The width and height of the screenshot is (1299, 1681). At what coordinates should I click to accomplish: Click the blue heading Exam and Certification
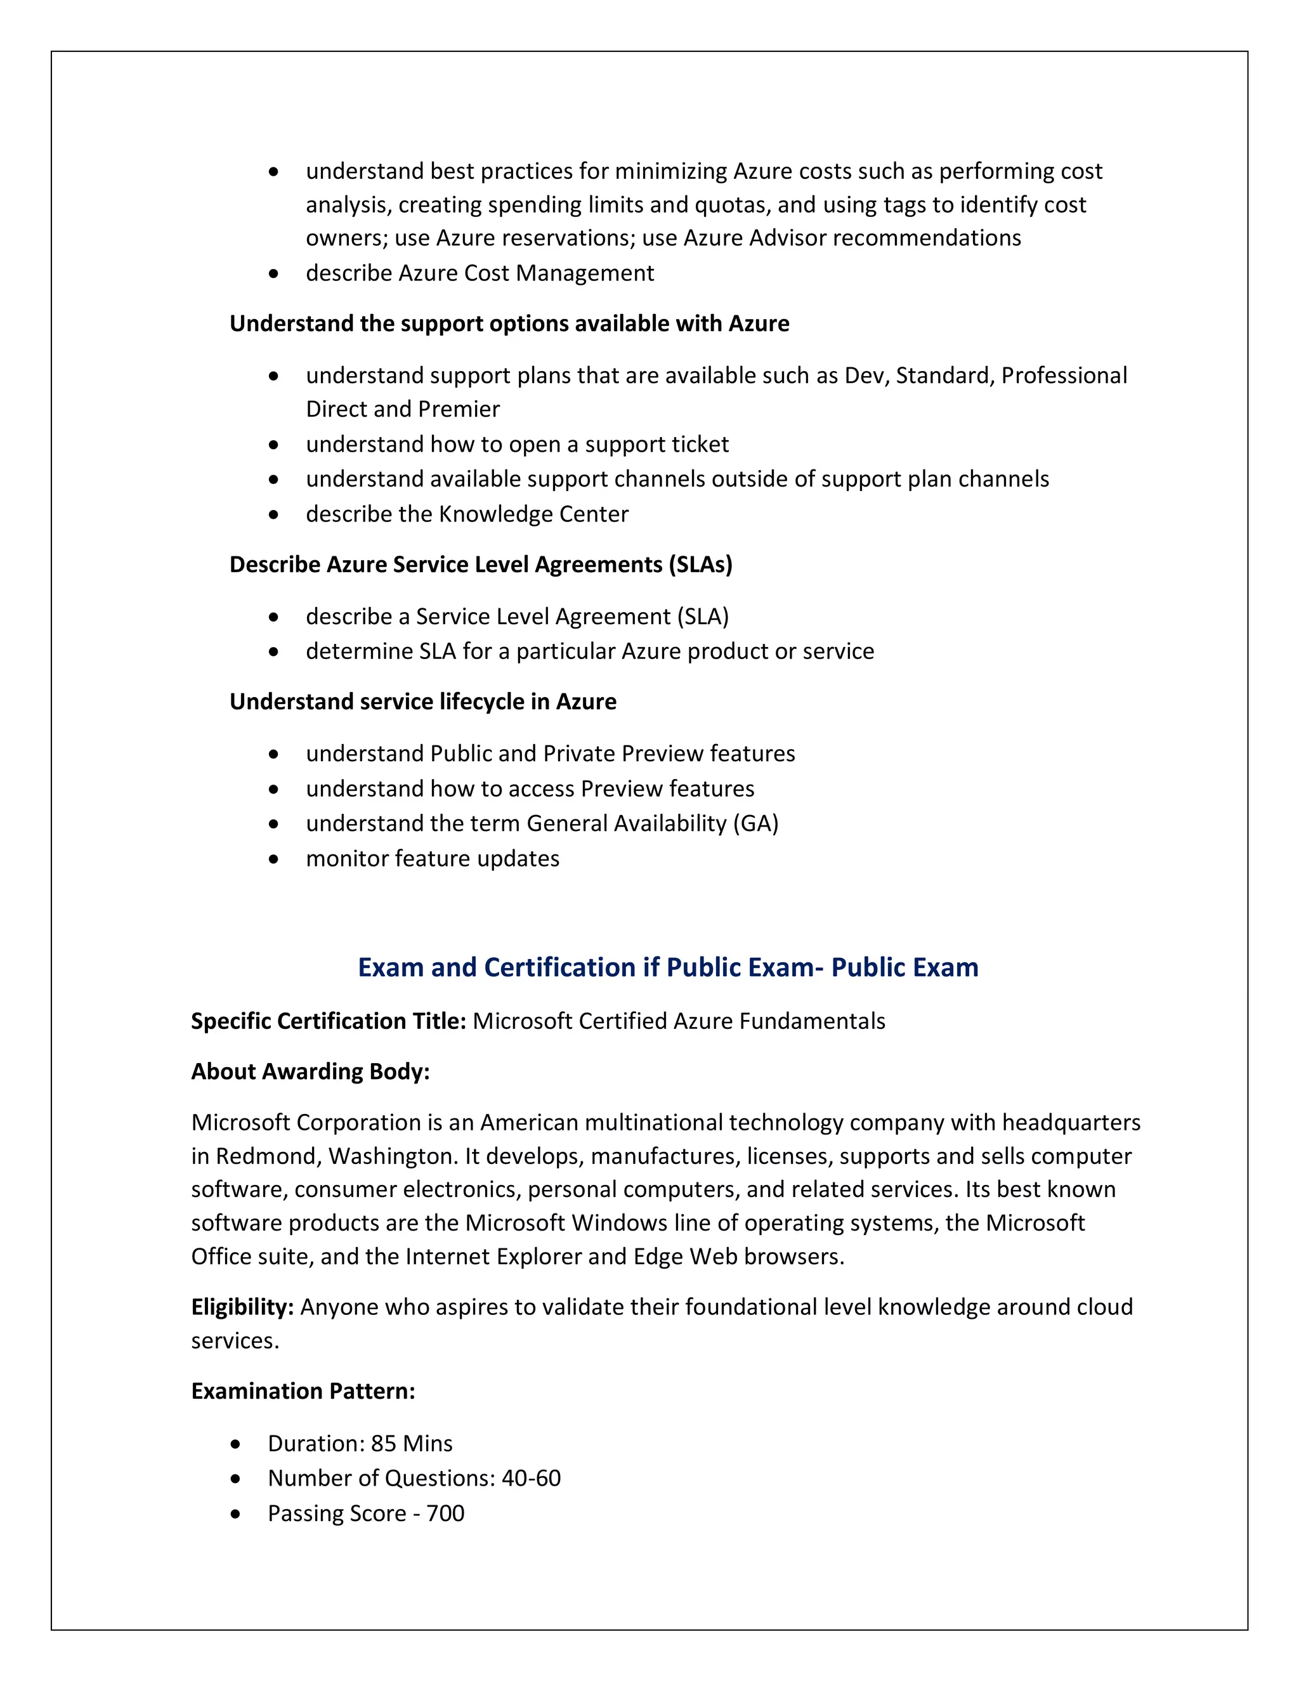pyautogui.click(x=667, y=967)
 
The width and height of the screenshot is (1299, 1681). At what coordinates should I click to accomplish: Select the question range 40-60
pyautogui.click(x=531, y=1478)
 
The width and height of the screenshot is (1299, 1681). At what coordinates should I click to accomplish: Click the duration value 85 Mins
pyautogui.click(x=411, y=1443)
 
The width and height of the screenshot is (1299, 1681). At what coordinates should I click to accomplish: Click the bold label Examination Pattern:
pyautogui.click(x=303, y=1391)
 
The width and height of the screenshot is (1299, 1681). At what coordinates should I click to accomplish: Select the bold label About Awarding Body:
pyautogui.click(x=310, y=1071)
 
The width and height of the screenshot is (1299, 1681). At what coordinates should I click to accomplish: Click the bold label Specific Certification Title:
pyautogui.click(x=329, y=1021)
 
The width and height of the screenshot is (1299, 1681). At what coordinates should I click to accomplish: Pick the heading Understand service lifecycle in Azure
pyautogui.click(x=422, y=701)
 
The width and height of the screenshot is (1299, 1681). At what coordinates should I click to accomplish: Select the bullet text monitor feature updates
pyautogui.click(x=433, y=858)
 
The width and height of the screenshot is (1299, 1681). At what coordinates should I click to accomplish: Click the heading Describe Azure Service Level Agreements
pyautogui.click(x=480, y=564)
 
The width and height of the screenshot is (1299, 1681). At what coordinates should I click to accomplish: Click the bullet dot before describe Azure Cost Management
pyautogui.click(x=274, y=273)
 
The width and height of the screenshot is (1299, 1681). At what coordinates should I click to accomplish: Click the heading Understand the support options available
pyautogui.click(x=509, y=324)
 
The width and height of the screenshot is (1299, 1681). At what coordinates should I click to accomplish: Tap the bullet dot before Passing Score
pyautogui.click(x=235, y=1513)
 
